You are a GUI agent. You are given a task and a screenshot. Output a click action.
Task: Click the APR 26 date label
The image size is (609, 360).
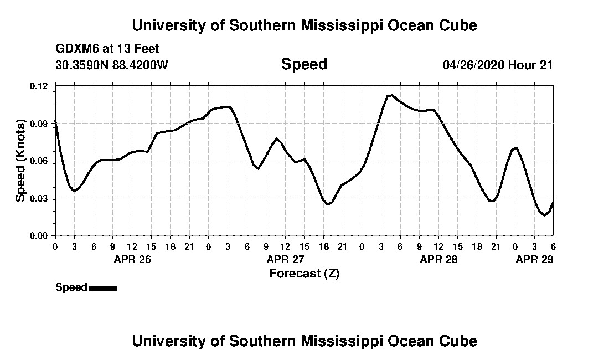132,259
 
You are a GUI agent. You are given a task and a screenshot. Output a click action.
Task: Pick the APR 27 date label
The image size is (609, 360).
285,259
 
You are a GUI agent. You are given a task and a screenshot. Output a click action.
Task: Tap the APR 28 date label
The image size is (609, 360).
438,259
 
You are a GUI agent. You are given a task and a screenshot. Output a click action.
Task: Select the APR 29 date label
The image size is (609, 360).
534,259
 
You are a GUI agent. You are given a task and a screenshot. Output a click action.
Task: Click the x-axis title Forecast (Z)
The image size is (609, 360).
304,273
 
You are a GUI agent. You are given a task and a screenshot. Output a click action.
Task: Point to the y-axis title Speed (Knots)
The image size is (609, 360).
20,161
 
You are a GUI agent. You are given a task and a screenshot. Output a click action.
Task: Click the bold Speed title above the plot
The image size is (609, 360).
304,64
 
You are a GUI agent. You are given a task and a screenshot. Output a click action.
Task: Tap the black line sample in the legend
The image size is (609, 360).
103,288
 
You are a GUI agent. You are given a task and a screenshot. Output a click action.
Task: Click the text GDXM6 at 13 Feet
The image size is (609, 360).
107,49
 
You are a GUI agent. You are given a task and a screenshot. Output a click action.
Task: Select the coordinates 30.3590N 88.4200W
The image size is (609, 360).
112,65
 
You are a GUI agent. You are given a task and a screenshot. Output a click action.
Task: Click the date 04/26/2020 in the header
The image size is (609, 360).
473,65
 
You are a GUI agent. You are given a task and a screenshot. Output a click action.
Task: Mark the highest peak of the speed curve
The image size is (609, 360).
391,95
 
